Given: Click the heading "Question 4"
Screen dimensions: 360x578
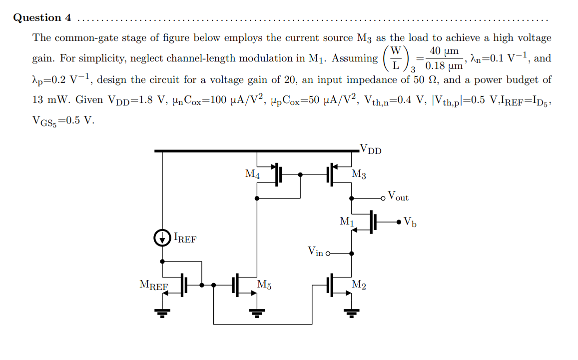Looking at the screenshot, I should (42, 18).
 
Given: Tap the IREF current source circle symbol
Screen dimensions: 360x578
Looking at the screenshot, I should (162, 238).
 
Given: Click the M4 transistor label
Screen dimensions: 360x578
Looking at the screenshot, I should (252, 174).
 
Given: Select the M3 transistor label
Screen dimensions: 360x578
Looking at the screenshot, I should (359, 174).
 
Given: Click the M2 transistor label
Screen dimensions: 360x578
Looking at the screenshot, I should (359, 285).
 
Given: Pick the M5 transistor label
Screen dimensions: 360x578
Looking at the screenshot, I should (264, 285).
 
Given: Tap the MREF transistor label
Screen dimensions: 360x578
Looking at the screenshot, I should (153, 285).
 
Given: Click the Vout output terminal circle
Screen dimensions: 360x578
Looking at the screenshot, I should (383, 198).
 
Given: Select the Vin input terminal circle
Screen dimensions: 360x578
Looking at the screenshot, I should (328, 253).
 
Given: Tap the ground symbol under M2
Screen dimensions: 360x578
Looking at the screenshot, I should (351, 313).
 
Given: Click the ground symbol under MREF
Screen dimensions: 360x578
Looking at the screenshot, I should (162, 313).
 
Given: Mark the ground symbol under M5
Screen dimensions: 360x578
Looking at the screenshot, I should (257, 313).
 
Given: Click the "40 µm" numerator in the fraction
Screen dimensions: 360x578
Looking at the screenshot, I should (444, 51).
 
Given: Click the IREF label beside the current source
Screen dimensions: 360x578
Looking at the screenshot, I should (185, 238).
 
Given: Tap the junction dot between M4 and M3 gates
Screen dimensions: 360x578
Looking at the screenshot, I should (300, 175).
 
